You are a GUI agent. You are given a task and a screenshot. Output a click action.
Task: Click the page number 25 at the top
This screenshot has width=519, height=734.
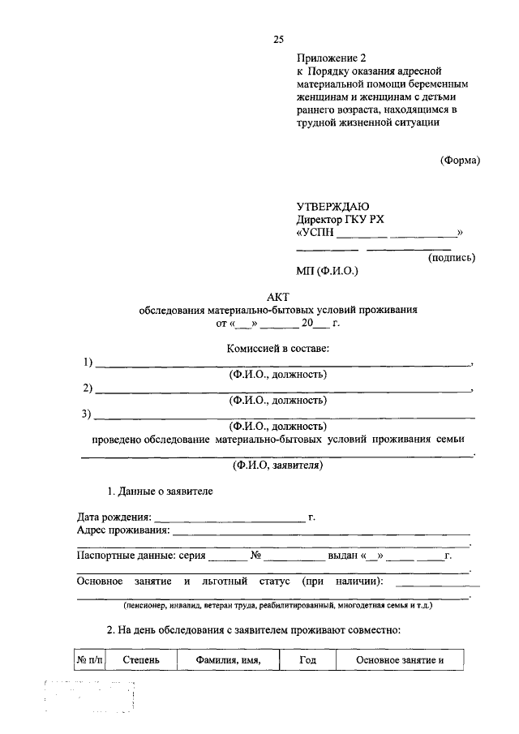279,39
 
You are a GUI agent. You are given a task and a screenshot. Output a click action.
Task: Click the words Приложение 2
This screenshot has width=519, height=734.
332,58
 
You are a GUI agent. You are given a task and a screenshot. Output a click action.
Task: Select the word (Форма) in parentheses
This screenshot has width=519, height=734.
461,161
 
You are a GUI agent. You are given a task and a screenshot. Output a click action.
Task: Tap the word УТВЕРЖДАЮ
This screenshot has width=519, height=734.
332,207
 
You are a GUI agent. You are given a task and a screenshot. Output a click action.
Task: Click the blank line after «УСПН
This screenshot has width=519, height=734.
397,235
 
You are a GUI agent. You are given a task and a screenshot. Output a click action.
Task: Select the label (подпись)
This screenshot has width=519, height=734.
451,258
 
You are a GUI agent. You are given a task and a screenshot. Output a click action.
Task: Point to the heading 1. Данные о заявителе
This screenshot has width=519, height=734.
161,491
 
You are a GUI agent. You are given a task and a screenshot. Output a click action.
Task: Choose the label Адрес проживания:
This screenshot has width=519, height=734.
123,530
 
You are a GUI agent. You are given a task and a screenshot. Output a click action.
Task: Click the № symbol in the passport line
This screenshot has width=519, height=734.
255,556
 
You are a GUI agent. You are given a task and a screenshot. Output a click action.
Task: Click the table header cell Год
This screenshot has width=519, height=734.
307,660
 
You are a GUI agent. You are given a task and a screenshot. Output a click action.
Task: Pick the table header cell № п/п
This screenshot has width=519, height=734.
90,660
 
